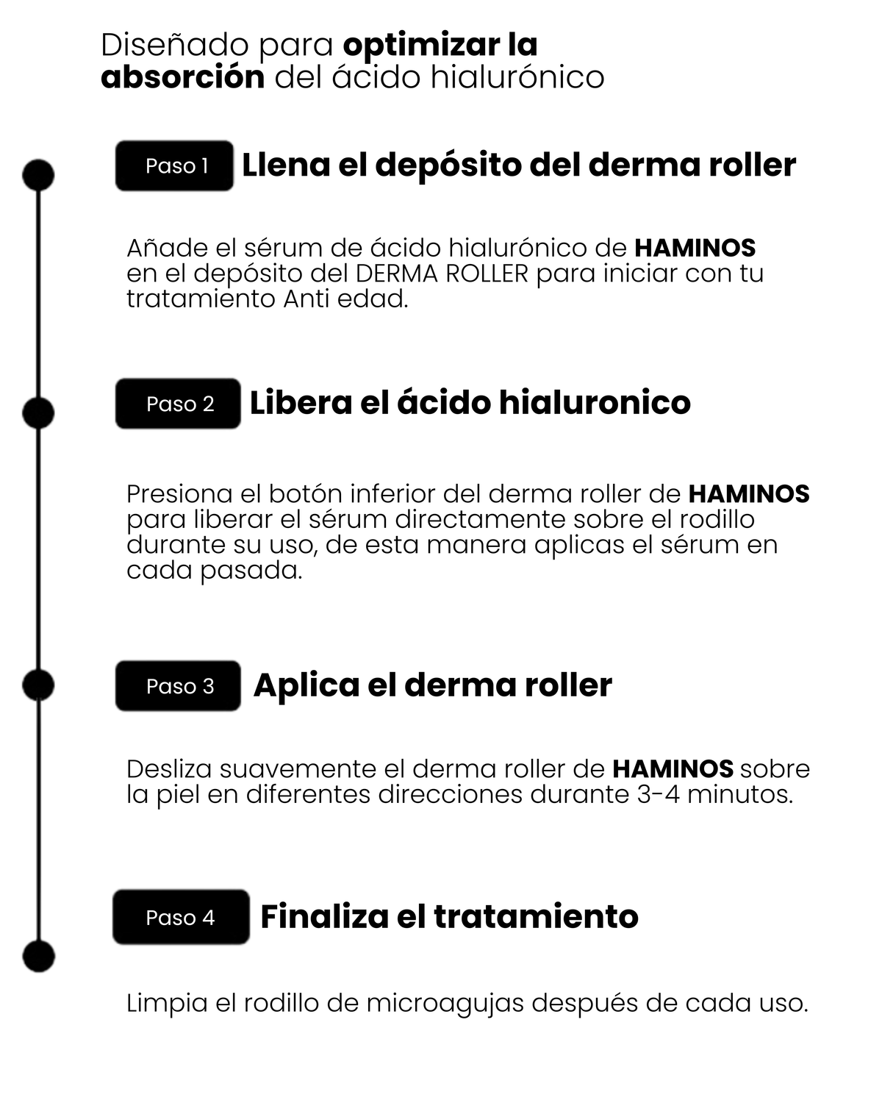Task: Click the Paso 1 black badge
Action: point(174,166)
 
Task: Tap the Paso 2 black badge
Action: point(178,404)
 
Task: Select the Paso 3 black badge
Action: point(178,686)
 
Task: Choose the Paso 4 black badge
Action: point(181,917)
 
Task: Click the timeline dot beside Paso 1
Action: point(38,175)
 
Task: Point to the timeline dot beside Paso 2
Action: point(38,413)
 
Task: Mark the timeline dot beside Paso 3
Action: point(38,685)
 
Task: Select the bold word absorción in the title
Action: point(182,78)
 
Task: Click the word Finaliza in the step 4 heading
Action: point(324,916)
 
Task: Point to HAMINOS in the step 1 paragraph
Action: point(695,248)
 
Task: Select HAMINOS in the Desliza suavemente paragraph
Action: point(673,769)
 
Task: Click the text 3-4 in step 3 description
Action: point(659,794)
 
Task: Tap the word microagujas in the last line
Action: point(445,1004)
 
